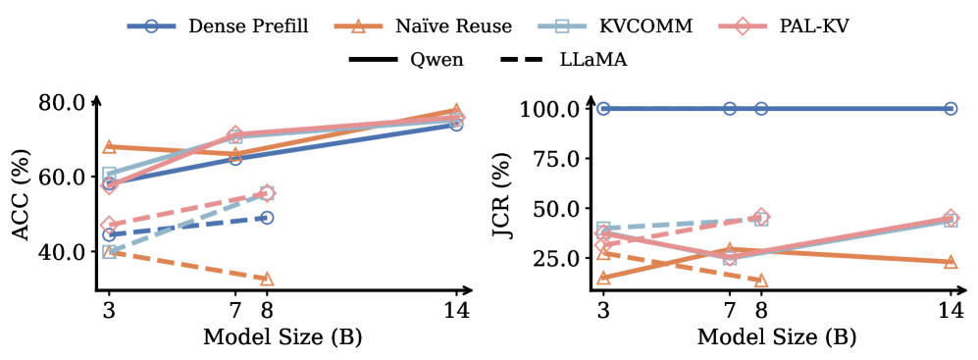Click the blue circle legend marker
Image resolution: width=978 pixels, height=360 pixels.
(x=151, y=26)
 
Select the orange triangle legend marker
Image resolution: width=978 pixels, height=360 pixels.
(x=358, y=26)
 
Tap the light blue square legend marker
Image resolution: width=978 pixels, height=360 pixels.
(x=561, y=26)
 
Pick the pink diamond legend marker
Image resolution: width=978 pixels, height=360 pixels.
(x=743, y=26)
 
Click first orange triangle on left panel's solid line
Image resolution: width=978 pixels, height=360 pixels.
(x=110, y=146)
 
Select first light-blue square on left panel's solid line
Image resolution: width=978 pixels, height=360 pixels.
(x=110, y=174)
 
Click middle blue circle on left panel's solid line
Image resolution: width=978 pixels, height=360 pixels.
(x=235, y=158)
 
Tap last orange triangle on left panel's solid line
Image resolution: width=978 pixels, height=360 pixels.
(x=456, y=110)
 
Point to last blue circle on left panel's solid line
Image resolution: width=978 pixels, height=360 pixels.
(x=456, y=125)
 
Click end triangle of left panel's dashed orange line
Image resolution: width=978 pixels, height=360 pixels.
(x=267, y=279)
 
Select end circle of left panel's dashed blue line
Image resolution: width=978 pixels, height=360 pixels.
(x=267, y=218)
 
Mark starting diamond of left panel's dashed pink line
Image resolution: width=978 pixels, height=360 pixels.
(x=110, y=225)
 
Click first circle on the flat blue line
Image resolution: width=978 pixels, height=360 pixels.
(x=603, y=109)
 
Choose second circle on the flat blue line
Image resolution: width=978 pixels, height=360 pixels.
(x=730, y=109)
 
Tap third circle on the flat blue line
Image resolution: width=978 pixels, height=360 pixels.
(x=761, y=109)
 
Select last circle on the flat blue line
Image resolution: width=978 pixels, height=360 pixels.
(x=951, y=109)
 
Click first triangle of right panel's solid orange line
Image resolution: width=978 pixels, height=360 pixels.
(x=603, y=278)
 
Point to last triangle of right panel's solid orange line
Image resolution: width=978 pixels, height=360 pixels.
(x=951, y=262)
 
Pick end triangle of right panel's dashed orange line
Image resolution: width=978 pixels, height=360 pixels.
(x=761, y=281)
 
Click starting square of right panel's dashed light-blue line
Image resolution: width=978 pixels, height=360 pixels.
(x=603, y=229)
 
